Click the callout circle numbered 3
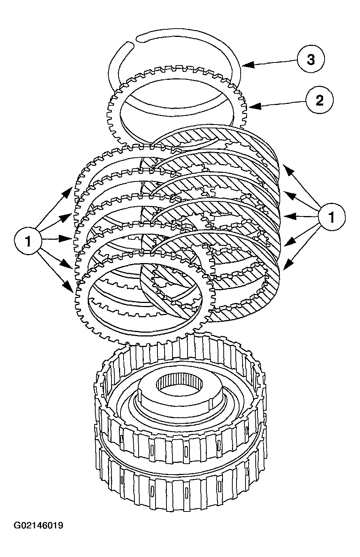pyautogui.click(x=311, y=60)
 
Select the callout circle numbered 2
pyautogui.click(x=319, y=100)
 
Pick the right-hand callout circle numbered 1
pyautogui.click(x=331, y=217)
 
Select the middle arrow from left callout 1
pyautogui.click(x=56, y=239)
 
